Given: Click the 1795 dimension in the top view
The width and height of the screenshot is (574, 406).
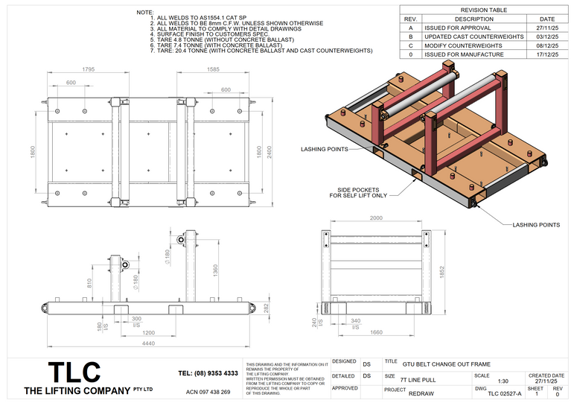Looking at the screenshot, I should click(89, 69).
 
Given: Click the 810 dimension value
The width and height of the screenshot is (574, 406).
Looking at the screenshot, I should click(90, 282).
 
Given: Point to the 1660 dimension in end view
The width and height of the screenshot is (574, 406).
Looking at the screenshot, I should click(377, 332).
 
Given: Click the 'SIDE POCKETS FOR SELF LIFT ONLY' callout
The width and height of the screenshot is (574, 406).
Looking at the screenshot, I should click(358, 193).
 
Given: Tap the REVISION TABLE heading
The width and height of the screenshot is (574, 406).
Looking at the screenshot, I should click(484, 10).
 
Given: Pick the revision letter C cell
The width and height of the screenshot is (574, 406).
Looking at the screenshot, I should click(409, 45).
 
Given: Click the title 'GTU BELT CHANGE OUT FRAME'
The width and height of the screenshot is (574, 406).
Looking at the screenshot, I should click(446, 364).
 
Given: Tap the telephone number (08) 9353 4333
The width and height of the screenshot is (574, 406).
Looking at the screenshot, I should click(208, 373).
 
